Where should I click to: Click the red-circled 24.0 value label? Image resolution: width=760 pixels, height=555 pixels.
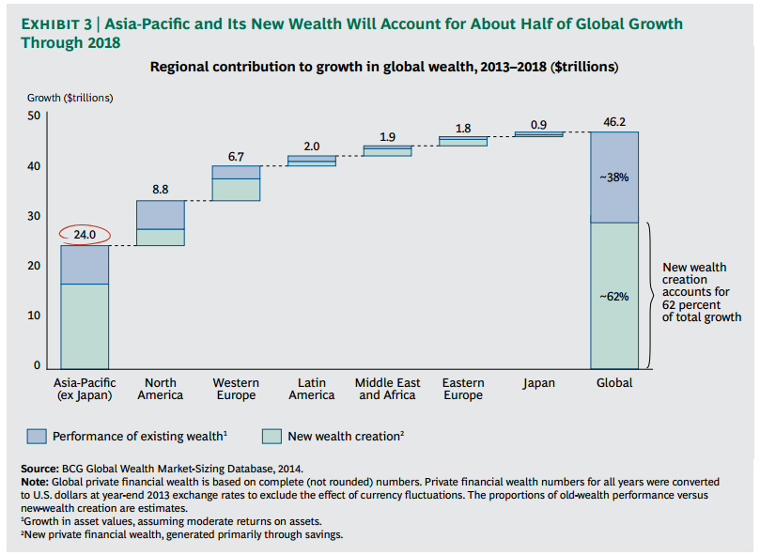[x=85, y=235]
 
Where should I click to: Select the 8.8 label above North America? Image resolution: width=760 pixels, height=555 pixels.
[x=160, y=190]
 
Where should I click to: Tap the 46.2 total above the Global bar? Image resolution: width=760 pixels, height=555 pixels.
[x=614, y=122]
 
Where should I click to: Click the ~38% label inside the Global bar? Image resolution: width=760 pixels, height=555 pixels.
[x=614, y=177]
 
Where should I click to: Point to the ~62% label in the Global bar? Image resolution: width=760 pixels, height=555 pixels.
[x=614, y=296]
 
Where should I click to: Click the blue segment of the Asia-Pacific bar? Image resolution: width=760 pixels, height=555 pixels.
[x=85, y=264]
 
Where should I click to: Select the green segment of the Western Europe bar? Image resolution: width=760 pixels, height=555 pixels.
[x=236, y=190]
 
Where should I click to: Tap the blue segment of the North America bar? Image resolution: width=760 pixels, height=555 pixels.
[x=160, y=214]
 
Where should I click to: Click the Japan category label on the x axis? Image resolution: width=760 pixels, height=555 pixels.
[x=538, y=383]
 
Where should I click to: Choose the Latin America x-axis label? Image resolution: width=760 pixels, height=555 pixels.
[x=312, y=389]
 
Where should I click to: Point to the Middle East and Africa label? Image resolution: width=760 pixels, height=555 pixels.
[x=387, y=389]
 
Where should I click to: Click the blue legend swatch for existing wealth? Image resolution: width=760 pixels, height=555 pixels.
[x=37, y=436]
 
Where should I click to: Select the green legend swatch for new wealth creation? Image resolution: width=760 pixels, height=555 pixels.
[x=271, y=436]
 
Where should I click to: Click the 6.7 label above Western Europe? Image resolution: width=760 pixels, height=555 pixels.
[x=236, y=156]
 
